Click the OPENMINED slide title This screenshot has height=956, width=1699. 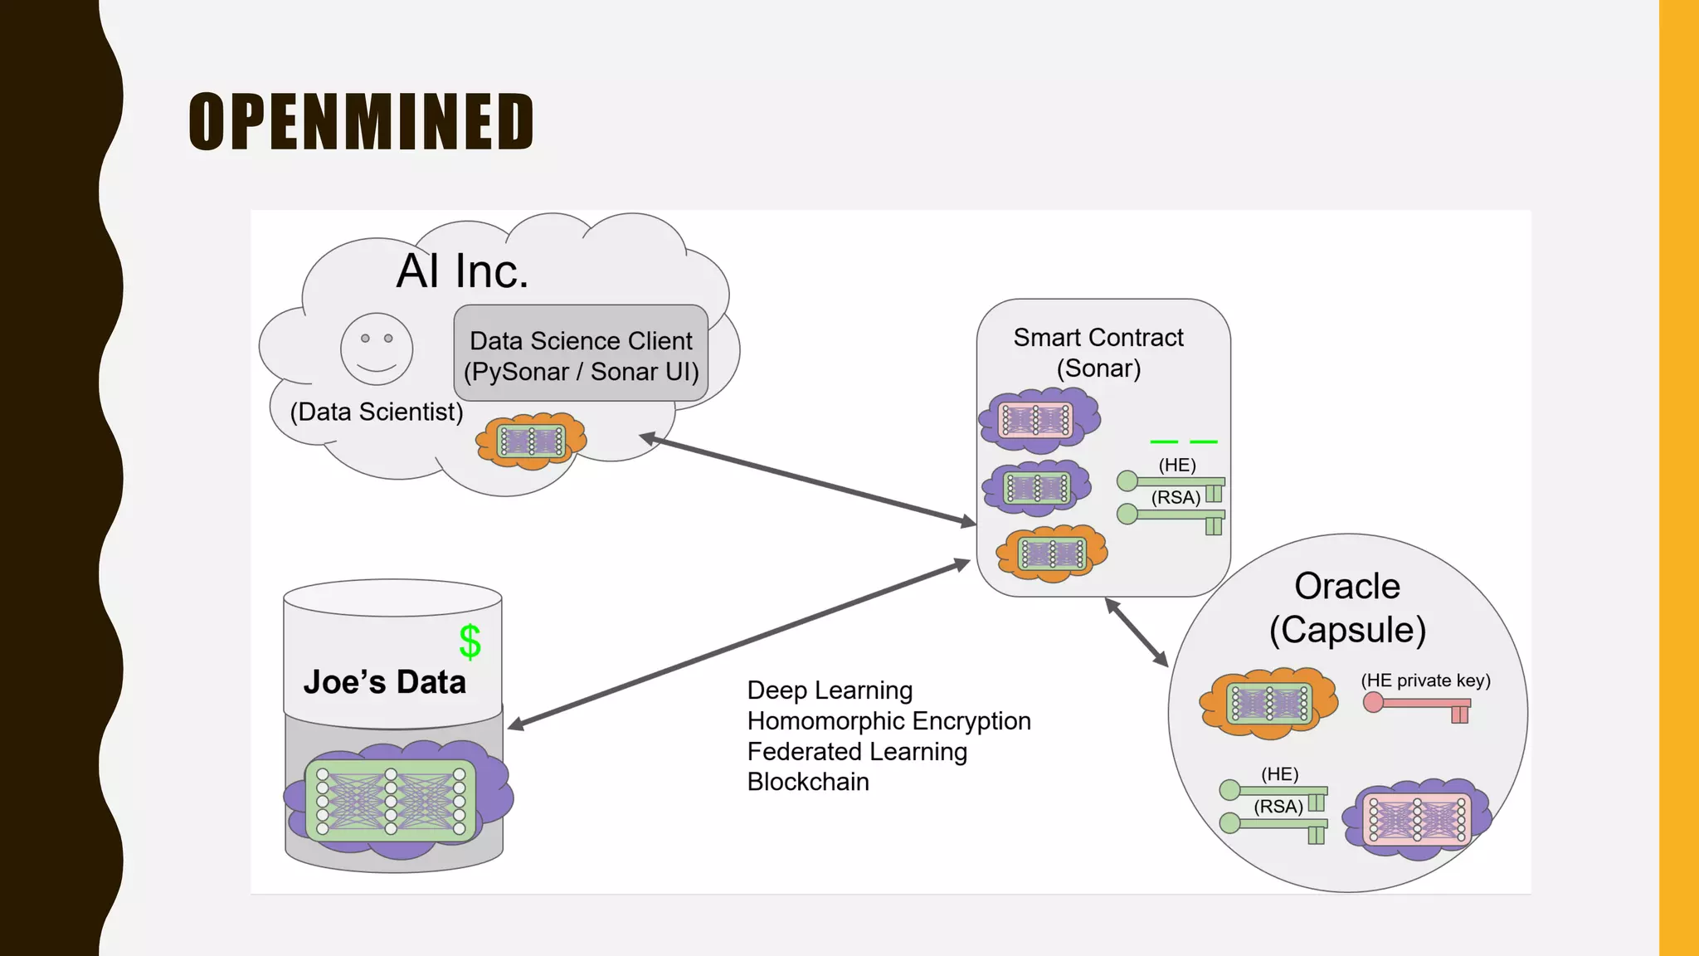click(361, 122)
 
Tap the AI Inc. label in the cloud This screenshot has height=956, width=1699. click(462, 271)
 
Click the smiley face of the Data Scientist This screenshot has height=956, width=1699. click(377, 349)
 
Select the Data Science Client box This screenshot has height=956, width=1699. click(581, 354)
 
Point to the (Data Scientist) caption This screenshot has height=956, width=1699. click(376, 412)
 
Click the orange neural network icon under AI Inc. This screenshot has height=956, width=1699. click(531, 441)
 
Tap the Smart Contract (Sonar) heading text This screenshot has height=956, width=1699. click(1098, 353)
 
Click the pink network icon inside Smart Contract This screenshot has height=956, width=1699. click(1038, 420)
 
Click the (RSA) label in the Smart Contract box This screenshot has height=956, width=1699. click(1176, 498)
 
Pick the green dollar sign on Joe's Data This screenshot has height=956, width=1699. click(470, 641)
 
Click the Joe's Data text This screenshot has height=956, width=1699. click(384, 682)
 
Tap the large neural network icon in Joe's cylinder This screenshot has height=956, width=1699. click(391, 801)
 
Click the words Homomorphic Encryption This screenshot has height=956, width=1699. click(888, 721)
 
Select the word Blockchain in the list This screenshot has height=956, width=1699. click(808, 782)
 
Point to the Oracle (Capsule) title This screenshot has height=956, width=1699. click(1347, 607)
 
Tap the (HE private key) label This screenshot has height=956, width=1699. click(1425, 680)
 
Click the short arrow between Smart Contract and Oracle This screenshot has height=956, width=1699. click(1137, 632)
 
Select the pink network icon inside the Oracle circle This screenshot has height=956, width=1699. click(1416, 819)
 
